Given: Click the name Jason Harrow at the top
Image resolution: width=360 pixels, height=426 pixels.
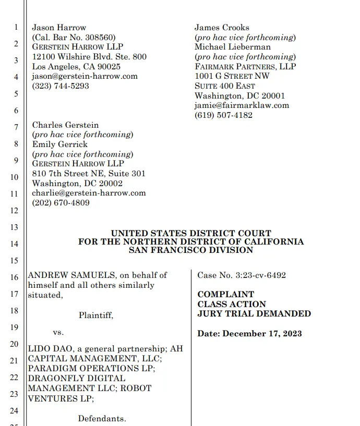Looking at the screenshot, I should [59, 28].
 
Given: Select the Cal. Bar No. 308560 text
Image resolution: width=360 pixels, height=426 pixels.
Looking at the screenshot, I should [74, 38].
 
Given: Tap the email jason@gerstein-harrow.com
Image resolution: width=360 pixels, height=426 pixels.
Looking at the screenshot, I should [85, 76].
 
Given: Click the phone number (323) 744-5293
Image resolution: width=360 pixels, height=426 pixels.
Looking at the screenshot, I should [61, 86].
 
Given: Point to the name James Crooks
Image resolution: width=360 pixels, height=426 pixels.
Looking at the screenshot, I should [222, 28].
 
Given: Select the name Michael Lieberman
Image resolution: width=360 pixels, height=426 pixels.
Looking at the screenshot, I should [233, 47].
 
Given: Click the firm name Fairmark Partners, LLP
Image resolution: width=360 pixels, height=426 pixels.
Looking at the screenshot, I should [245, 67].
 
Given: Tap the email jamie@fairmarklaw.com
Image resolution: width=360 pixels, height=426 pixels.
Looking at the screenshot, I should [242, 105].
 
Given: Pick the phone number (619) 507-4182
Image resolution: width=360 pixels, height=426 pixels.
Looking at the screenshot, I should [223, 115].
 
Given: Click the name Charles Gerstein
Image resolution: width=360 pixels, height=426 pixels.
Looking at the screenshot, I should [65, 125].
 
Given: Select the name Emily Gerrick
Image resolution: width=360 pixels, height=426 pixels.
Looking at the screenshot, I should [59, 144].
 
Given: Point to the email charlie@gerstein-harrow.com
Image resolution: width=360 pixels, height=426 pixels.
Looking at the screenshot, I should [89, 193].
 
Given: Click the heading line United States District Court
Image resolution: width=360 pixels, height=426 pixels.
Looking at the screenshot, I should [191, 234].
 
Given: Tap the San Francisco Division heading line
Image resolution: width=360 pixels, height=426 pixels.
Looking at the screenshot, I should [191, 250].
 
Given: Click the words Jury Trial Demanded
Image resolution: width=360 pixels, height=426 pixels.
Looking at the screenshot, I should [254, 314].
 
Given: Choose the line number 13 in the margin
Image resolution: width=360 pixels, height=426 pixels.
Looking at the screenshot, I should [14, 227].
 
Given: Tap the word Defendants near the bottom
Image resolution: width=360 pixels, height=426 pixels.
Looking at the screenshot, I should [102, 419].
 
